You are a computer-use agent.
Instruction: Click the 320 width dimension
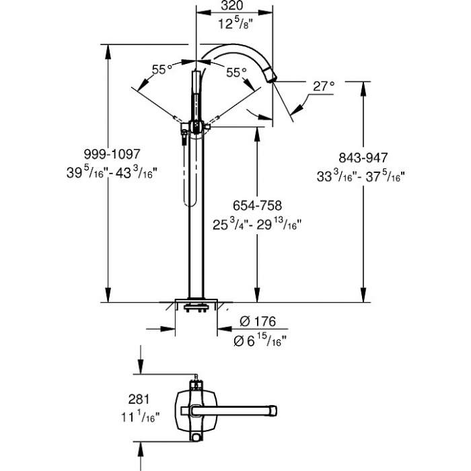tap(233, 6)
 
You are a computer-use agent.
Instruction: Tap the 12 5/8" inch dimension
tap(234, 26)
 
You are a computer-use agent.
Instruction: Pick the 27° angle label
tap(323, 86)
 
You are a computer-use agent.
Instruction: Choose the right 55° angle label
tap(236, 71)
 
